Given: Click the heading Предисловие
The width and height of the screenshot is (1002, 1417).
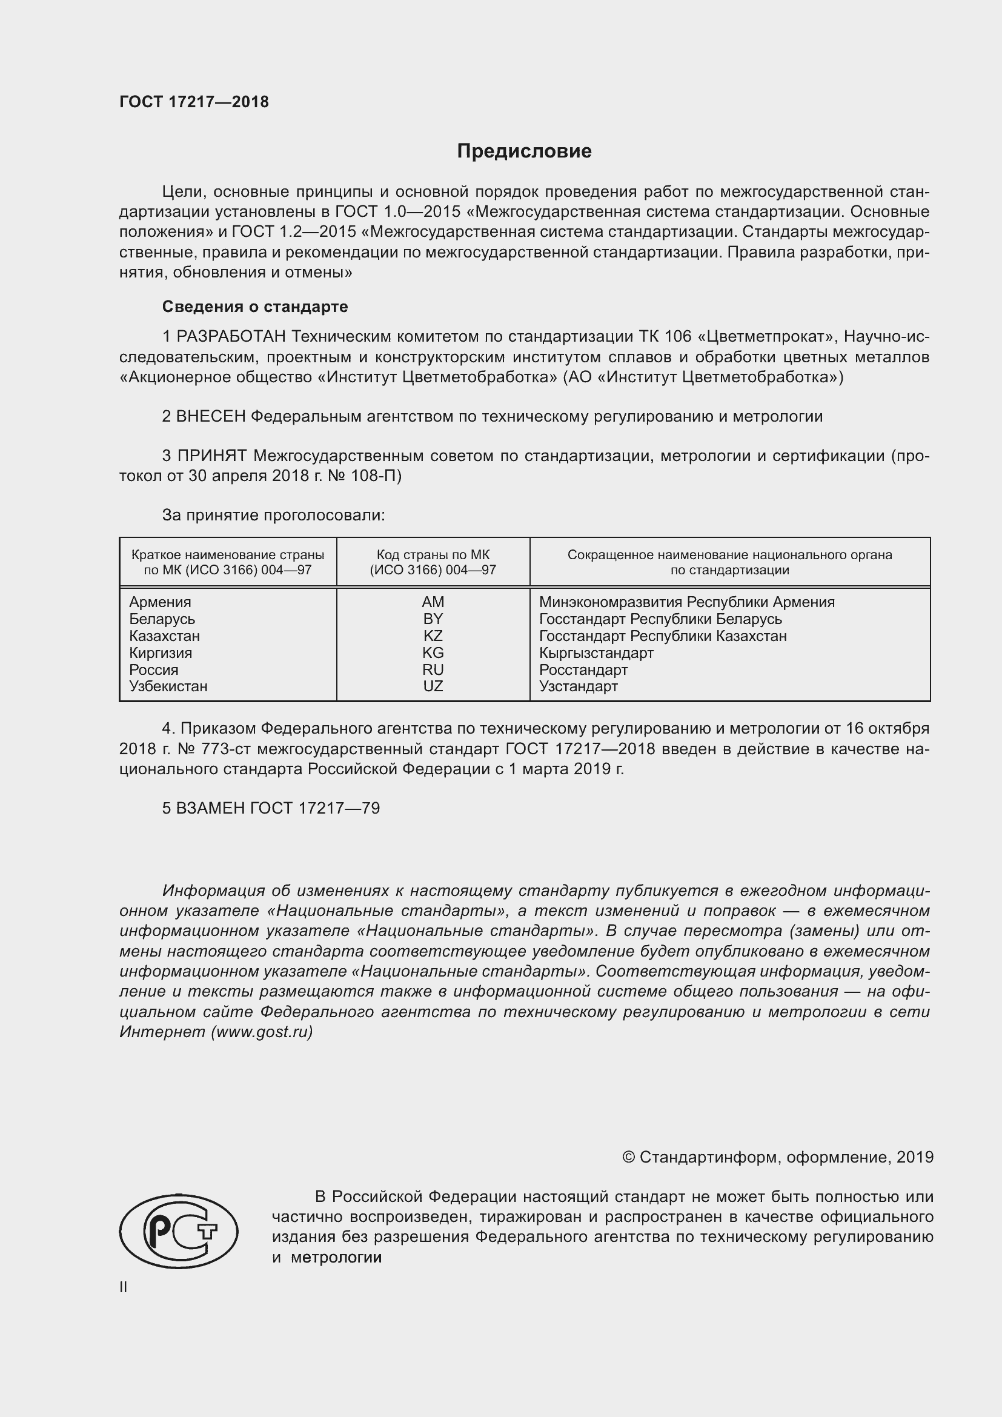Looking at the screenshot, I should (x=524, y=151).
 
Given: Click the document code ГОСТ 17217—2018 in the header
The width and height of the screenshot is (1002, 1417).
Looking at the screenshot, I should (x=194, y=102).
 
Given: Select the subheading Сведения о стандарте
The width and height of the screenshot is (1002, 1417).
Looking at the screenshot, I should (x=255, y=307).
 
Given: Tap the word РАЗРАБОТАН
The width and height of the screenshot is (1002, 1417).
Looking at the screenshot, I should (x=231, y=336).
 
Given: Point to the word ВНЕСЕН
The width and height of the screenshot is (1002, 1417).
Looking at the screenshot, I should (x=210, y=417).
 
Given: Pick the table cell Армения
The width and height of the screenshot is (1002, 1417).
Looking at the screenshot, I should (x=160, y=602).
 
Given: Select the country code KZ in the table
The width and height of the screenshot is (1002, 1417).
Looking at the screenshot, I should (x=433, y=635).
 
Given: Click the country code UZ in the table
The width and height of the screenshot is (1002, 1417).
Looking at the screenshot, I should (x=433, y=686).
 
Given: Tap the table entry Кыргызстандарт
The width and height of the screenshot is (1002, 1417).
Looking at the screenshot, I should (x=596, y=653).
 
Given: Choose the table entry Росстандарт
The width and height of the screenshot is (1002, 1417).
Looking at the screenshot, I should (x=583, y=669).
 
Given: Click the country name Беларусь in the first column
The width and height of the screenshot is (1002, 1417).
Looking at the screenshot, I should (x=162, y=619).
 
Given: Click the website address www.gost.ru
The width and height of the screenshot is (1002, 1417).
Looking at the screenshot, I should (x=262, y=1032).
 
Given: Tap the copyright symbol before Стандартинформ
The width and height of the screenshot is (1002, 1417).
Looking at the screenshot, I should (x=628, y=1157).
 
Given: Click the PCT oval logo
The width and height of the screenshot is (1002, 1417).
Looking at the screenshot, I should (x=178, y=1231).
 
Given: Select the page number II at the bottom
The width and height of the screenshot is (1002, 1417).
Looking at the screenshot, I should (x=124, y=1287).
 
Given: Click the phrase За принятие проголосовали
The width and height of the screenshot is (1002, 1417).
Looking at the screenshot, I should (x=273, y=516).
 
